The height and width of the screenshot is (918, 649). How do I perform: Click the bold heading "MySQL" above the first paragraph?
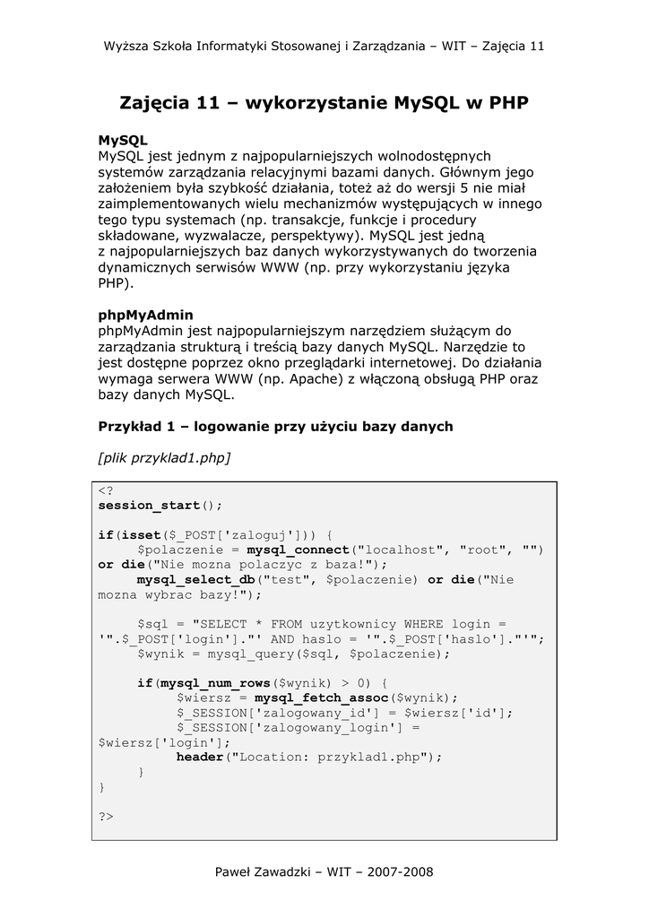tap(122, 141)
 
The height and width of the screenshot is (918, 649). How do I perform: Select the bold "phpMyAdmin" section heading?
tap(145, 316)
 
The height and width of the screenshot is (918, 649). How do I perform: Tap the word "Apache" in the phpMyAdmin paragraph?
tap(312, 378)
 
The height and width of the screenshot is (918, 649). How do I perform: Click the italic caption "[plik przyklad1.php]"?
tap(164, 458)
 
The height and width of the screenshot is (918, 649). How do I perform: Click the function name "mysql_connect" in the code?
tap(298, 550)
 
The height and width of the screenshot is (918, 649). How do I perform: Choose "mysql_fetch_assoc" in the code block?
tap(321, 697)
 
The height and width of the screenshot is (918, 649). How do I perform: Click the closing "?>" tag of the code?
tap(106, 817)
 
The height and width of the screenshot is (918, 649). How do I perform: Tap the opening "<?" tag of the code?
tap(106, 490)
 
